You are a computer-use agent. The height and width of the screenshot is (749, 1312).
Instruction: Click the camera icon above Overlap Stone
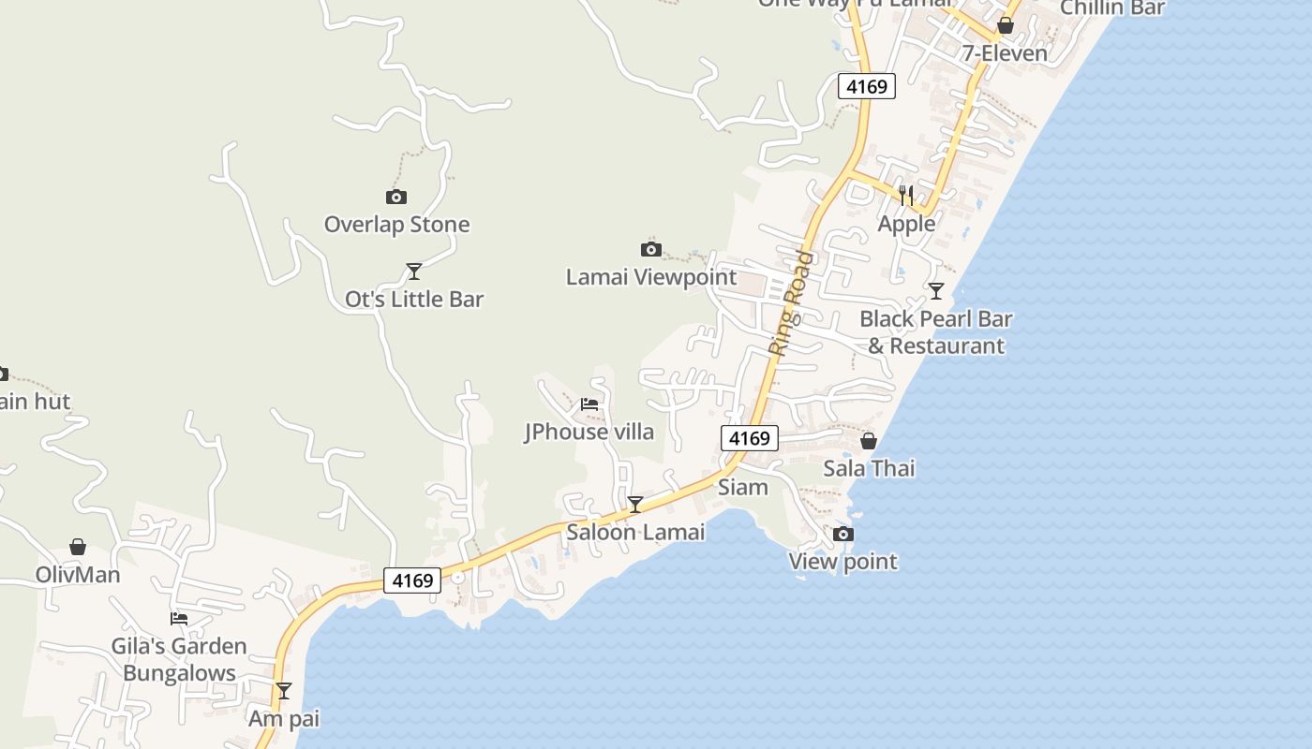tap(396, 197)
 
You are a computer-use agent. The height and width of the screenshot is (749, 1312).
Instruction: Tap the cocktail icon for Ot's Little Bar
tap(413, 272)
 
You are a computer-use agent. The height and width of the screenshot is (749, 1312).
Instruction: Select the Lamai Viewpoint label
tap(651, 277)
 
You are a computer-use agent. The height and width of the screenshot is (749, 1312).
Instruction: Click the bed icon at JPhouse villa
tap(589, 404)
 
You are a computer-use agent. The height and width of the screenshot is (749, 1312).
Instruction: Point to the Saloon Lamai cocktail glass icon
tap(634, 505)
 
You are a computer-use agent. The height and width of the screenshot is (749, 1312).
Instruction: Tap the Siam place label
tap(743, 487)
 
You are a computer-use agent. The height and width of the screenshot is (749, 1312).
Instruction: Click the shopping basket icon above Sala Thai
tap(869, 440)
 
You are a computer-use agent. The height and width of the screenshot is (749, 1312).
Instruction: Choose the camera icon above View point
tap(843, 534)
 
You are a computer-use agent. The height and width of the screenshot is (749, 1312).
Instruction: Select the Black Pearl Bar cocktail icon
tap(935, 291)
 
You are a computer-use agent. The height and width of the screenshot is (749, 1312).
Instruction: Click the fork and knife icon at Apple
tap(906, 196)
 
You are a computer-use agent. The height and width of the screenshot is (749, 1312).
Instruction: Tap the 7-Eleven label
tap(1005, 53)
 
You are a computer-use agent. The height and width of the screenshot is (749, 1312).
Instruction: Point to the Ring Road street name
tap(790, 302)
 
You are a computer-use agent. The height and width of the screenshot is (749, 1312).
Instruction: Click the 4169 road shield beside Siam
tap(750, 437)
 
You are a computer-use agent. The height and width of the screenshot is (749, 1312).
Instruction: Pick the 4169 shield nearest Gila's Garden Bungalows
tap(412, 580)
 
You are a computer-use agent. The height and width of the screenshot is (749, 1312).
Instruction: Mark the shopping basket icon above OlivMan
tap(78, 547)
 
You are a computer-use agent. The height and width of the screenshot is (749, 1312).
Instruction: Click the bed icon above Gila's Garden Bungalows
tap(179, 619)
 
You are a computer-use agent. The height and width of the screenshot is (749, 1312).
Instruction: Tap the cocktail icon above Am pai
tap(284, 691)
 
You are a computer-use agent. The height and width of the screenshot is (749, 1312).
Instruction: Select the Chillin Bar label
tap(1111, 8)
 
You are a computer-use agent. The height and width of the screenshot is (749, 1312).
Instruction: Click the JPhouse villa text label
tap(589, 432)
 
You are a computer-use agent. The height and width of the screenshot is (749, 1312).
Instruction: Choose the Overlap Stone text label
tap(396, 225)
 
